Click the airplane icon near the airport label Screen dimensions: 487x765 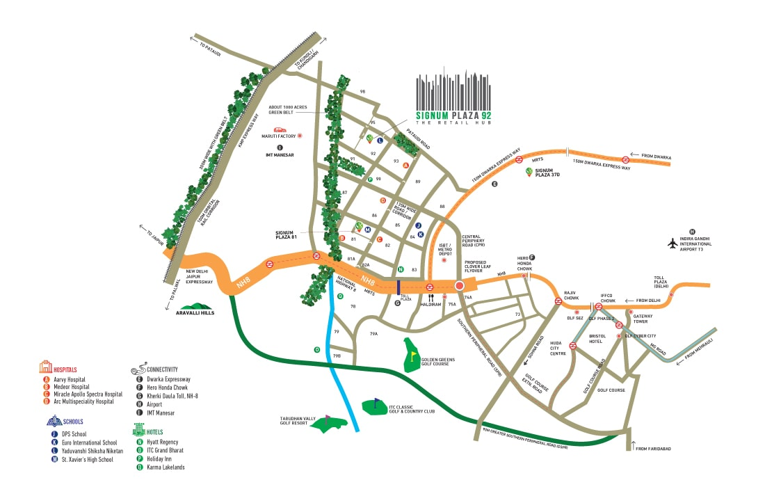pyautogui.click(x=672, y=243)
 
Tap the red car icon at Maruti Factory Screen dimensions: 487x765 pyautogui.click(x=280, y=130)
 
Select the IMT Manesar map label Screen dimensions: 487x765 pyautogui.click(x=280, y=154)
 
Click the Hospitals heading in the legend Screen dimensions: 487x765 pyautogui.click(x=65, y=369)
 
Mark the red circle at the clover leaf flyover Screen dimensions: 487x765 pyautogui.click(x=459, y=285)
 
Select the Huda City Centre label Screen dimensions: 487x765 pyautogui.click(x=558, y=348)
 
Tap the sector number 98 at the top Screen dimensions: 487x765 pyautogui.click(x=362, y=92)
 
